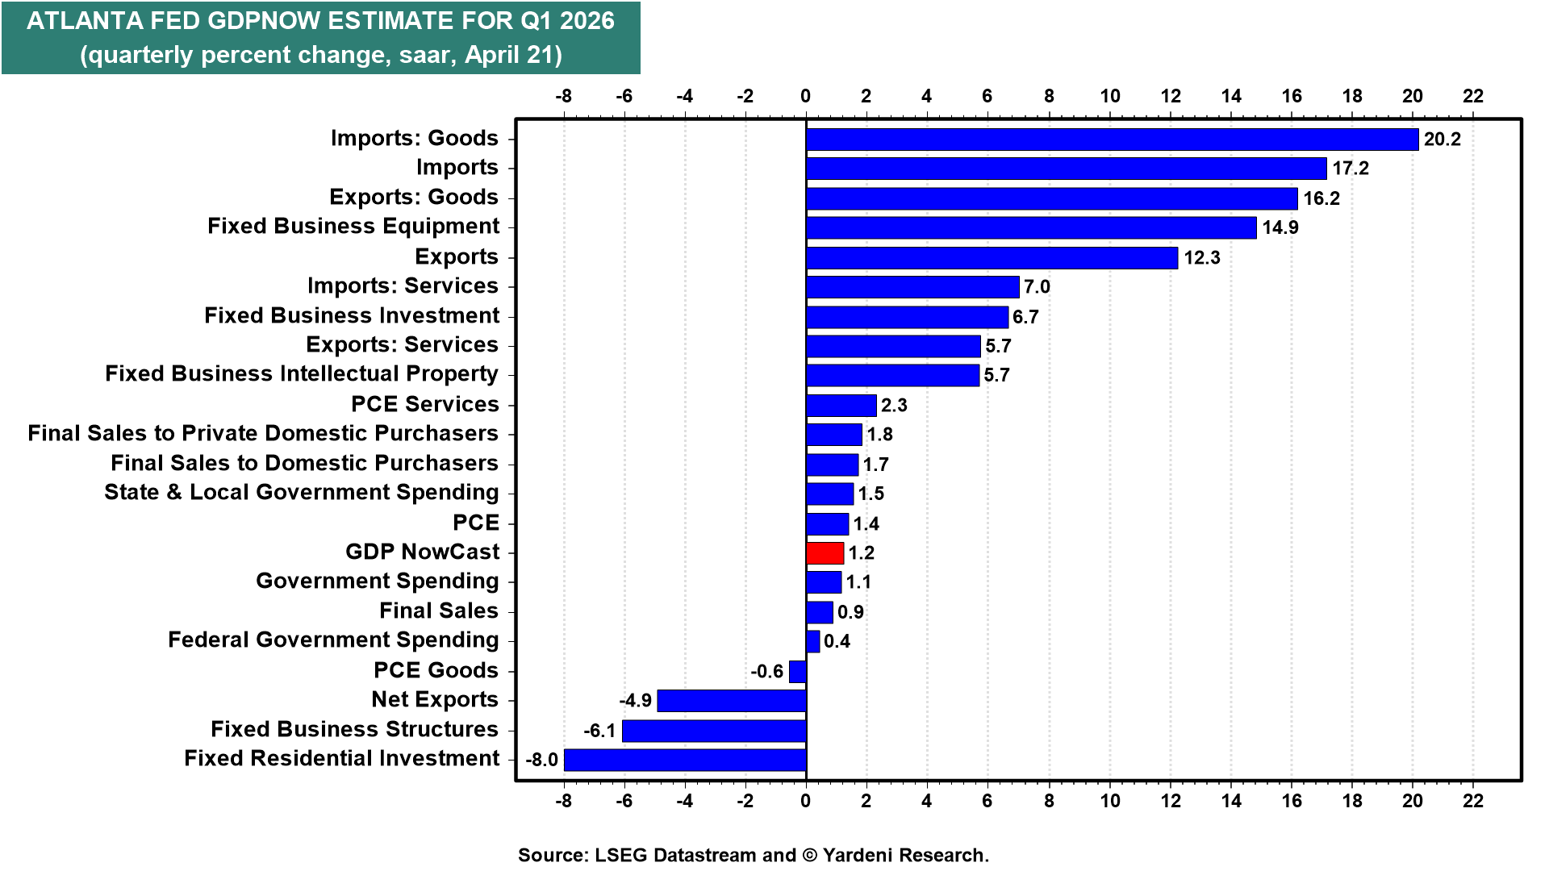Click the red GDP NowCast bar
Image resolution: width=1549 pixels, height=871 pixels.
(x=825, y=553)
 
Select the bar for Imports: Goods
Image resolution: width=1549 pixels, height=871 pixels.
(x=1112, y=140)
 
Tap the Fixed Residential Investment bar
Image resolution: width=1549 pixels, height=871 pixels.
(x=685, y=760)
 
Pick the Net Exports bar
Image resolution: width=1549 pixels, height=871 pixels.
(x=732, y=701)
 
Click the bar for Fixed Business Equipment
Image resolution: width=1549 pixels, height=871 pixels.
(x=1031, y=227)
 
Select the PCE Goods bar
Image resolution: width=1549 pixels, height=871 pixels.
(x=798, y=671)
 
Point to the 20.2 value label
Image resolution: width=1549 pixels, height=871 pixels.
(x=1442, y=140)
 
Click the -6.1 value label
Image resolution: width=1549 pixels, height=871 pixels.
(x=599, y=731)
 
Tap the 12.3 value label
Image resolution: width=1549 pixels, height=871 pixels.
(x=1201, y=258)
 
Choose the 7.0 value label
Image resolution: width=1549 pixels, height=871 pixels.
(x=1037, y=287)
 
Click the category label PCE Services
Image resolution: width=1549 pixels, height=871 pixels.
(x=425, y=404)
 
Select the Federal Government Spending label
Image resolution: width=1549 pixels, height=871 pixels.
(x=333, y=640)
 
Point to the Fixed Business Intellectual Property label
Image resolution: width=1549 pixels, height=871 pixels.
(x=302, y=374)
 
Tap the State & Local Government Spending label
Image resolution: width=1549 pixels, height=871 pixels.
(x=302, y=492)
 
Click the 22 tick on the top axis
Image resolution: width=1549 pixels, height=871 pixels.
(x=1473, y=96)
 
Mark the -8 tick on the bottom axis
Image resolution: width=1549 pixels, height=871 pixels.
(x=563, y=801)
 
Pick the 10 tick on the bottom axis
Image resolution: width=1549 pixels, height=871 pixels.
(x=1110, y=801)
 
